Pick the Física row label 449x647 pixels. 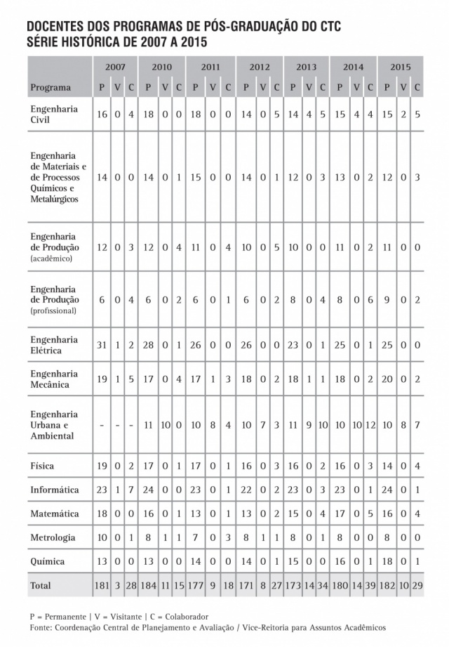click(x=42, y=466)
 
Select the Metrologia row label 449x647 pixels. click(x=53, y=537)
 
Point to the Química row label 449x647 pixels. click(x=48, y=561)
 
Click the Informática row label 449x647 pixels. click(x=54, y=490)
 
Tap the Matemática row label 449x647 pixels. click(x=54, y=514)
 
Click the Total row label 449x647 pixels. click(x=40, y=585)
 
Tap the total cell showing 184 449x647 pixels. click(x=148, y=585)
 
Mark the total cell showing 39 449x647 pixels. click(x=370, y=585)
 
